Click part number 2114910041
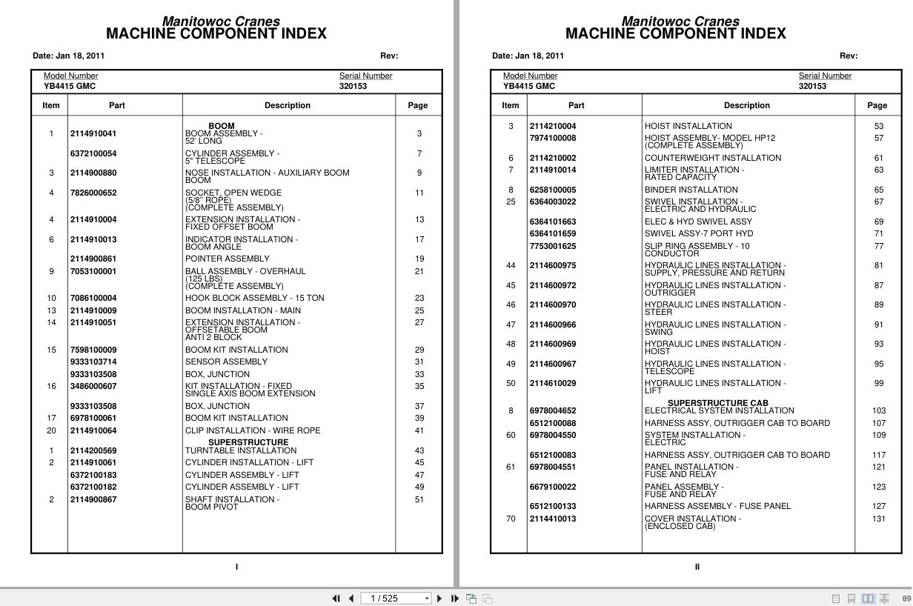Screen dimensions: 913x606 point(93,134)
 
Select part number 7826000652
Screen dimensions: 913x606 point(93,193)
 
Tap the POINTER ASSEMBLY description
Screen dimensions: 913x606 point(227,259)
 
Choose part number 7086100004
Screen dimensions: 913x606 point(93,299)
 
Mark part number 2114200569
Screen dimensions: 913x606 point(93,450)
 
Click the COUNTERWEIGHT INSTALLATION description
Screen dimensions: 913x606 point(712,158)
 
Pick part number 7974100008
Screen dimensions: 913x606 point(552,138)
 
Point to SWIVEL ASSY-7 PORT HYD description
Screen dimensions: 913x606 point(698,233)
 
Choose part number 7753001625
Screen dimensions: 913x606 point(552,246)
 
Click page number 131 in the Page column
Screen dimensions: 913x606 point(878,519)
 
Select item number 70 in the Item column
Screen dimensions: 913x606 point(511,519)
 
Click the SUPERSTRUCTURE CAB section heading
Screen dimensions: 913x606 point(717,403)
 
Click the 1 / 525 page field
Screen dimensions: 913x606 point(391,599)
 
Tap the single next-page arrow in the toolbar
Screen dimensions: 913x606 point(439,599)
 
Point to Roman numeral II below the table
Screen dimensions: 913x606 point(697,567)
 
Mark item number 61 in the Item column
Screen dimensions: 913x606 point(511,467)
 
